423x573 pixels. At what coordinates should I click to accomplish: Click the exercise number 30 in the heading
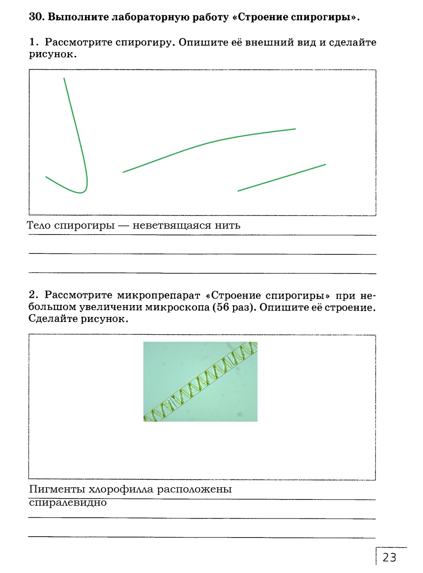point(36,17)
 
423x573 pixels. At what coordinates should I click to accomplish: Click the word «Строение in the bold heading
point(262,17)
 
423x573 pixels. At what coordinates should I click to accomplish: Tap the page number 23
point(389,557)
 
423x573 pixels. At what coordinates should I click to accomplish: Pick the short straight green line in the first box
point(282,177)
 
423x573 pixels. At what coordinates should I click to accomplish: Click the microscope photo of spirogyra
point(200,382)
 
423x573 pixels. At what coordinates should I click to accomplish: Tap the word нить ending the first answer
point(228,226)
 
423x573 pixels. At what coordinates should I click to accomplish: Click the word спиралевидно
point(68,503)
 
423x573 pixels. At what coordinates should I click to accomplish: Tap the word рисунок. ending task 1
point(53,55)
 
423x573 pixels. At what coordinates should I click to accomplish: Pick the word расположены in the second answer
point(194,489)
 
